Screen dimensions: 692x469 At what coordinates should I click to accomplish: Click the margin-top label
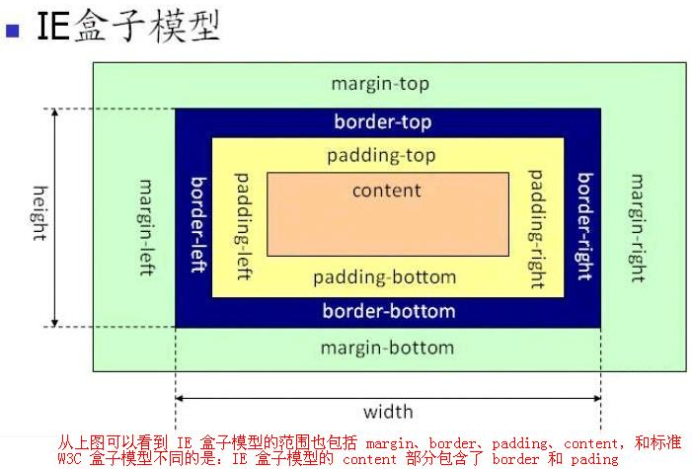[x=380, y=84]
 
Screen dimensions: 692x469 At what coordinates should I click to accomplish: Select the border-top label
[x=383, y=121]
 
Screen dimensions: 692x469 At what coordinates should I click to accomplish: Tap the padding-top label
[x=381, y=156]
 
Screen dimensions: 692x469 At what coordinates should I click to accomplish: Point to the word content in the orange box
[x=387, y=191]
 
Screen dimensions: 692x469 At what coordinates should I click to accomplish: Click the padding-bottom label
[x=384, y=277]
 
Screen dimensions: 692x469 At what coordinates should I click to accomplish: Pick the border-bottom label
[x=389, y=311]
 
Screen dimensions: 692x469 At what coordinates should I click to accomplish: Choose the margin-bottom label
[x=387, y=348]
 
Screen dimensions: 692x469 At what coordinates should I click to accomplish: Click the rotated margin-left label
[x=146, y=228]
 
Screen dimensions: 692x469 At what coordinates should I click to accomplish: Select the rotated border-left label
[x=199, y=225]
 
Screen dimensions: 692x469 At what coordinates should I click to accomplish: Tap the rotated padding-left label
[x=243, y=226]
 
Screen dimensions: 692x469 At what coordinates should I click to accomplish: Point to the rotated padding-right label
[x=536, y=229]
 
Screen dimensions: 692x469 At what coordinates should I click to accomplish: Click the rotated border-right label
[x=585, y=226]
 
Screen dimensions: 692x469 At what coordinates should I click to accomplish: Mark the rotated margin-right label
[x=637, y=228]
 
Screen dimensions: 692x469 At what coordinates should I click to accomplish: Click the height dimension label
[x=40, y=213]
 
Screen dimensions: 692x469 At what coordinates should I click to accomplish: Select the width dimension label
[x=388, y=412]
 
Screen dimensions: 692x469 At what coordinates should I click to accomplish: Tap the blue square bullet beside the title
[x=13, y=31]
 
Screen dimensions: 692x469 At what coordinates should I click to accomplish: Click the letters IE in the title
[x=53, y=27]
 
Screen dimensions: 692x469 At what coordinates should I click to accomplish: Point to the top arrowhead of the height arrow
[x=54, y=112]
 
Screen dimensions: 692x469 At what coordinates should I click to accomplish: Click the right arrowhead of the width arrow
[x=597, y=398]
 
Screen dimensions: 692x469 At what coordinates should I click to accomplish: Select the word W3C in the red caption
[x=69, y=459]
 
